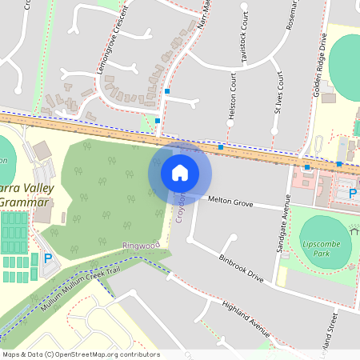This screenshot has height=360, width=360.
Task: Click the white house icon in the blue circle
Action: [180, 172]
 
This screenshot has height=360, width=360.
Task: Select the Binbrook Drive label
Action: [241, 267]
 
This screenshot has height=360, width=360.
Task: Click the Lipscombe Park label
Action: [322, 248]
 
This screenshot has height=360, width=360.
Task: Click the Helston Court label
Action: [233, 98]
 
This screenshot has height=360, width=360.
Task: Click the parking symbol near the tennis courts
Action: [47, 258]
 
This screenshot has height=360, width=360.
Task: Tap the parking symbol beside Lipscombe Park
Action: [353, 191]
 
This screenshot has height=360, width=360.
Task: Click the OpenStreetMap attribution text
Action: [81, 354]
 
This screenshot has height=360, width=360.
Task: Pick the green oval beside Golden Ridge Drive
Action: [346, 66]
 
